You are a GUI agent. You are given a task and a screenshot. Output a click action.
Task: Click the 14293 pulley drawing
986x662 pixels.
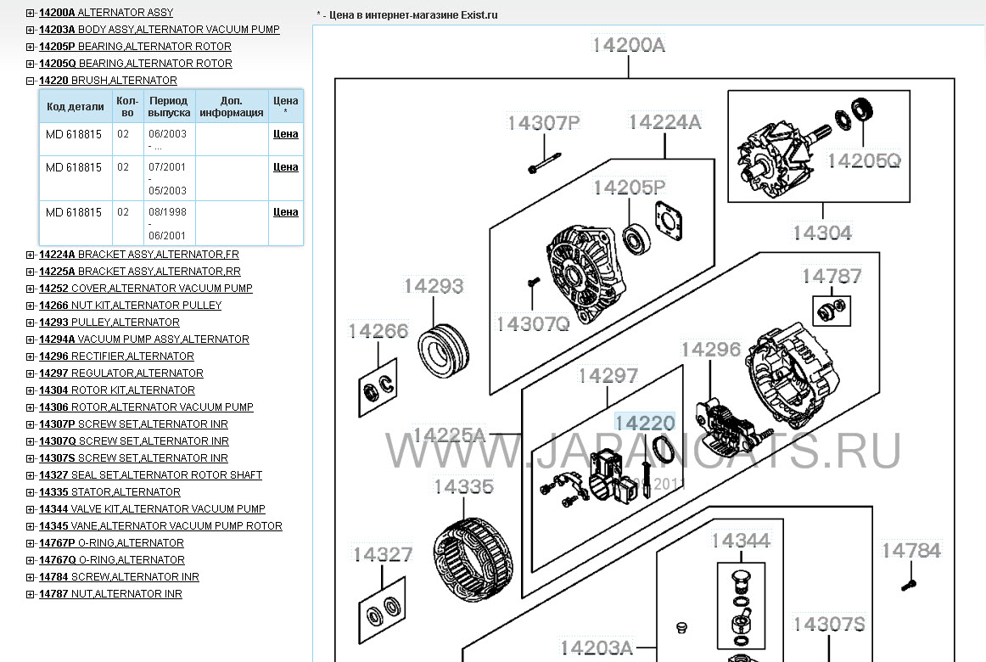point(443,351)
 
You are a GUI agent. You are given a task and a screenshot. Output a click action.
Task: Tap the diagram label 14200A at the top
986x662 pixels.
point(628,45)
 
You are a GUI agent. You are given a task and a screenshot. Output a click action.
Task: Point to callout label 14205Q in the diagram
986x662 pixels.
point(863,161)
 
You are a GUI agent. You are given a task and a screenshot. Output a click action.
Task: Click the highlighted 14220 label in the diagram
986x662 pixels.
point(645,424)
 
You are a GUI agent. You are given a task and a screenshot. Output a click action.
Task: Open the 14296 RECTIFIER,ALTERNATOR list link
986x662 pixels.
point(116,356)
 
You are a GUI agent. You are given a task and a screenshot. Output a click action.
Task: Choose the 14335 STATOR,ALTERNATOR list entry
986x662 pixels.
point(109,492)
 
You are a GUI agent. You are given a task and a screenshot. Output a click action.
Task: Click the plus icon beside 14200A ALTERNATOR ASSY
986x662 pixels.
point(31,13)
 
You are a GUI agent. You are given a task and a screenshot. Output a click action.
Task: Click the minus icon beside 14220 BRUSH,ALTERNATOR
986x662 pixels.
point(31,81)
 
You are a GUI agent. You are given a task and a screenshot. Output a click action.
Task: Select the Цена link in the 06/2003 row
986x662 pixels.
point(285,134)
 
